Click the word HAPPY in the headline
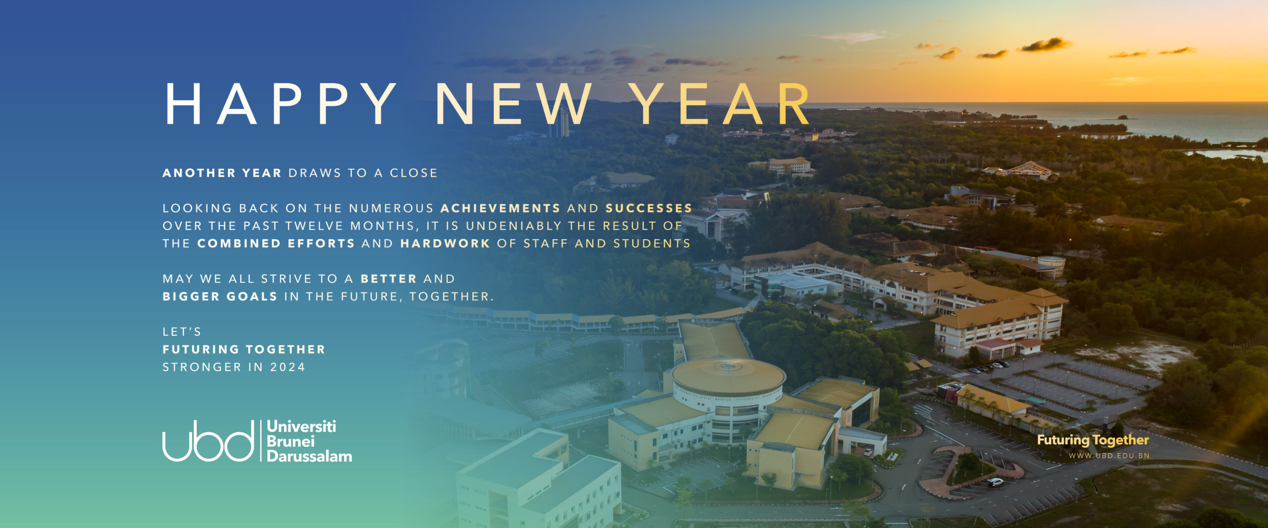point(280,104)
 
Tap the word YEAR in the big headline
point(723,104)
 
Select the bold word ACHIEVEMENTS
point(500,208)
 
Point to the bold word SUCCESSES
point(649,208)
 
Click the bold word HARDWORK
point(445,243)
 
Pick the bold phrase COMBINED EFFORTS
point(276,243)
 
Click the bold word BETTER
point(389,279)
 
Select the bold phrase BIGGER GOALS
point(220,296)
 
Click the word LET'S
point(182,332)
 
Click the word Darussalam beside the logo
point(309,456)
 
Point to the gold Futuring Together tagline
point(1093,440)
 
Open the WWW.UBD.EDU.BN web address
point(1109,456)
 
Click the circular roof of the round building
point(728,376)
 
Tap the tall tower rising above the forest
point(560,122)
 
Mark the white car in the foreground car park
point(995,481)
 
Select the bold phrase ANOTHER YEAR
point(222,173)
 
